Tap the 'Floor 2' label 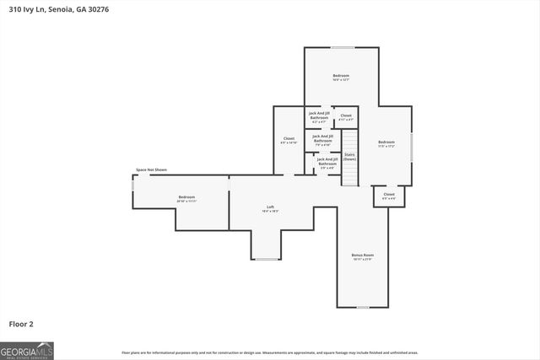(x=22, y=323)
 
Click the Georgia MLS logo (x=27, y=350)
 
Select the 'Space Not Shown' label (x=152, y=170)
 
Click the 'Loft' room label (x=271, y=208)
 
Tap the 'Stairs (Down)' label (x=349, y=157)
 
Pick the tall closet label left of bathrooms (x=289, y=140)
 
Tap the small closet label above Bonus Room (x=389, y=196)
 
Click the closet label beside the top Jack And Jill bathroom (x=346, y=116)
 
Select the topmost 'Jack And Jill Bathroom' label (x=318, y=116)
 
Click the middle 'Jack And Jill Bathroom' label (x=323, y=138)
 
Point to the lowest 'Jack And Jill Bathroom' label (x=327, y=162)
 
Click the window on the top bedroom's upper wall (x=342, y=47)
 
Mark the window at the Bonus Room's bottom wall (x=363, y=307)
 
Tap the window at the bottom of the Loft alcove (x=267, y=259)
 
